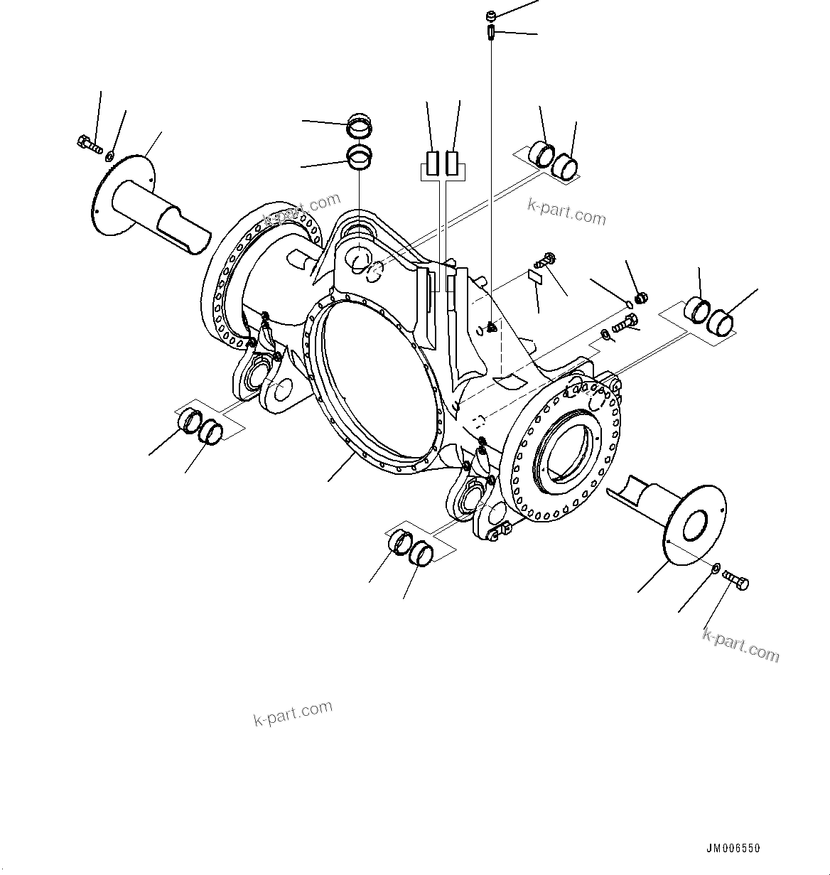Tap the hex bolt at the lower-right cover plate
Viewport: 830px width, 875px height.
pos(735,581)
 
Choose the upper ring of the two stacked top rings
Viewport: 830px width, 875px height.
pos(358,128)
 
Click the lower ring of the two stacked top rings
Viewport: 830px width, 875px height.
pos(358,158)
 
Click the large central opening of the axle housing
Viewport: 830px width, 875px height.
pos(373,377)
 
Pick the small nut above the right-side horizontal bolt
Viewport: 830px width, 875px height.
pos(640,297)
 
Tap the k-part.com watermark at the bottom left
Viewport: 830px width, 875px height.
pos(293,713)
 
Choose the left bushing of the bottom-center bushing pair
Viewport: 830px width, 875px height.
pos(401,542)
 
